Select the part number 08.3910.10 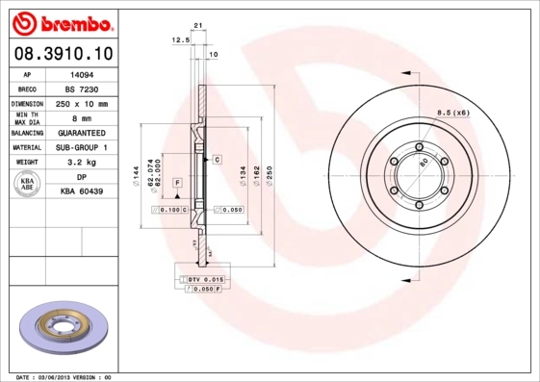pos(61,54)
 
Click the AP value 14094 pos(82,73)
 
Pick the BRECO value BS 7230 pos(82,88)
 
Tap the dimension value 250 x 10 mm pos(82,103)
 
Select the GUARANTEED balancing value pos(82,133)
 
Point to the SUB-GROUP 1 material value pos(82,148)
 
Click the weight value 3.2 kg pos(82,163)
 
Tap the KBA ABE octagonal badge pos(28,184)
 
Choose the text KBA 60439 pos(82,192)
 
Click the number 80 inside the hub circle pos(423,163)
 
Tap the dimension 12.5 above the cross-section pos(179,40)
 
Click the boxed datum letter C pos(218,158)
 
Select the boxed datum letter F pos(177,182)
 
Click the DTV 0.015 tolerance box pos(207,278)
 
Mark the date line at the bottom pos(65,376)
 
